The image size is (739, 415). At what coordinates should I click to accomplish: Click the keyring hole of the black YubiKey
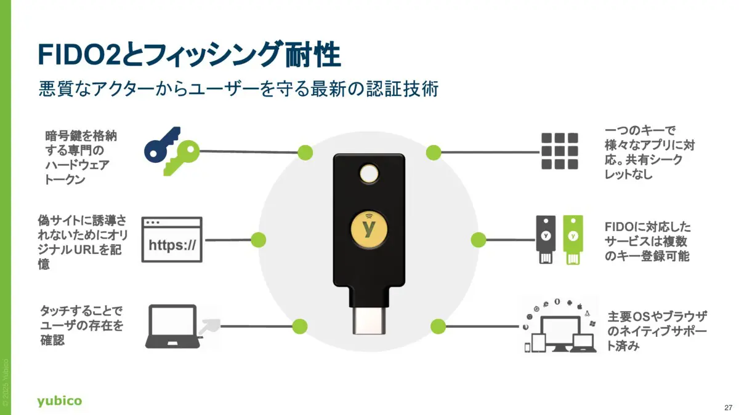pyautogui.click(x=369, y=174)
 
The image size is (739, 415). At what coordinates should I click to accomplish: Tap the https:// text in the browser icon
pyautogui.click(x=172, y=246)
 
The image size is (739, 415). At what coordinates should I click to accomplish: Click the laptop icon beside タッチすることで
pyautogui.click(x=172, y=326)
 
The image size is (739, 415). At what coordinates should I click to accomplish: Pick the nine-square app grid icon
pyautogui.click(x=559, y=151)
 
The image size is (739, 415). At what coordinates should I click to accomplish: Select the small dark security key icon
pyautogui.click(x=545, y=239)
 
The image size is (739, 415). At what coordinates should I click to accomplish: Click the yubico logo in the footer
pyautogui.click(x=59, y=401)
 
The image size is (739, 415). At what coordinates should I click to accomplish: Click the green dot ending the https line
pyautogui.click(x=259, y=239)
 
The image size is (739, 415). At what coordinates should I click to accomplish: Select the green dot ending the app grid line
pyautogui.click(x=434, y=151)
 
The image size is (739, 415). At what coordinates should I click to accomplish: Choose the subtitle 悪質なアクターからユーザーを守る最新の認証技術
pyautogui.click(x=238, y=89)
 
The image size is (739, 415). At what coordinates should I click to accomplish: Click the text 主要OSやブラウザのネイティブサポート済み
pyautogui.click(x=657, y=331)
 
